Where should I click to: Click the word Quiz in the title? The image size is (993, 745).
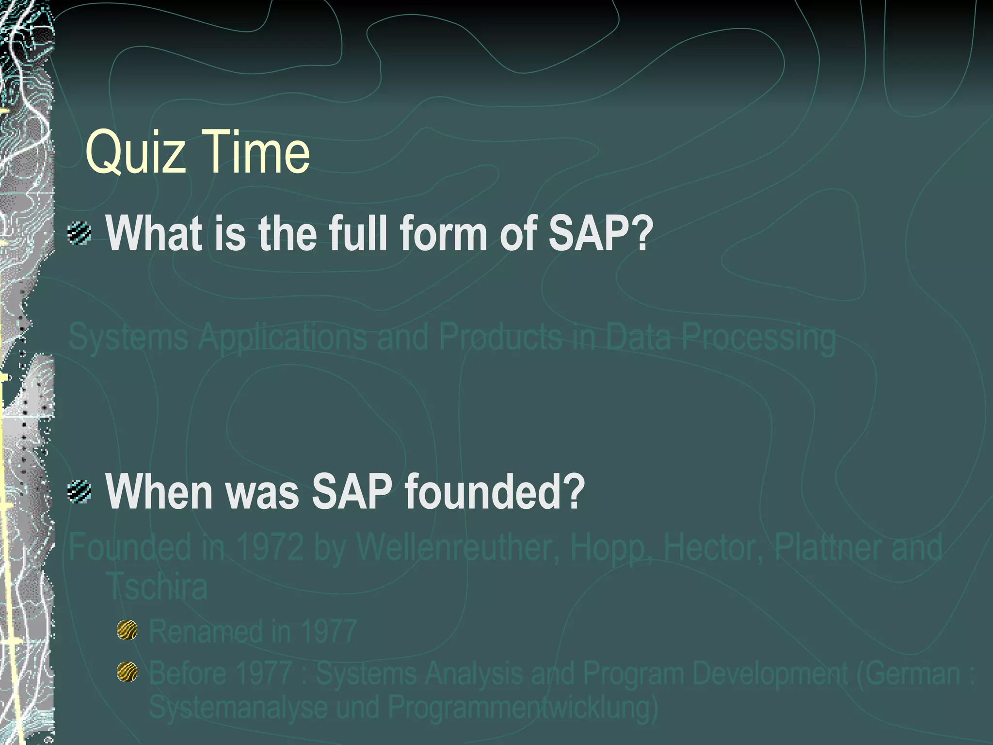coord(135,152)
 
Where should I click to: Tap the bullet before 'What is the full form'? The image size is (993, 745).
coord(80,233)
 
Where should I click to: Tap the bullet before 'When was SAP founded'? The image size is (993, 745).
coord(80,491)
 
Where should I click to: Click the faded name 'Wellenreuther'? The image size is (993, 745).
coord(458,547)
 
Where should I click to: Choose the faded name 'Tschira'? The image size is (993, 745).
coord(157,586)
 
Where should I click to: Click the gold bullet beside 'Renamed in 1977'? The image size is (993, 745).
coord(128,631)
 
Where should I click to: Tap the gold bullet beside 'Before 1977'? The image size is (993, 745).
coord(128,672)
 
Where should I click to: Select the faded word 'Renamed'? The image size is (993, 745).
coord(204,631)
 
